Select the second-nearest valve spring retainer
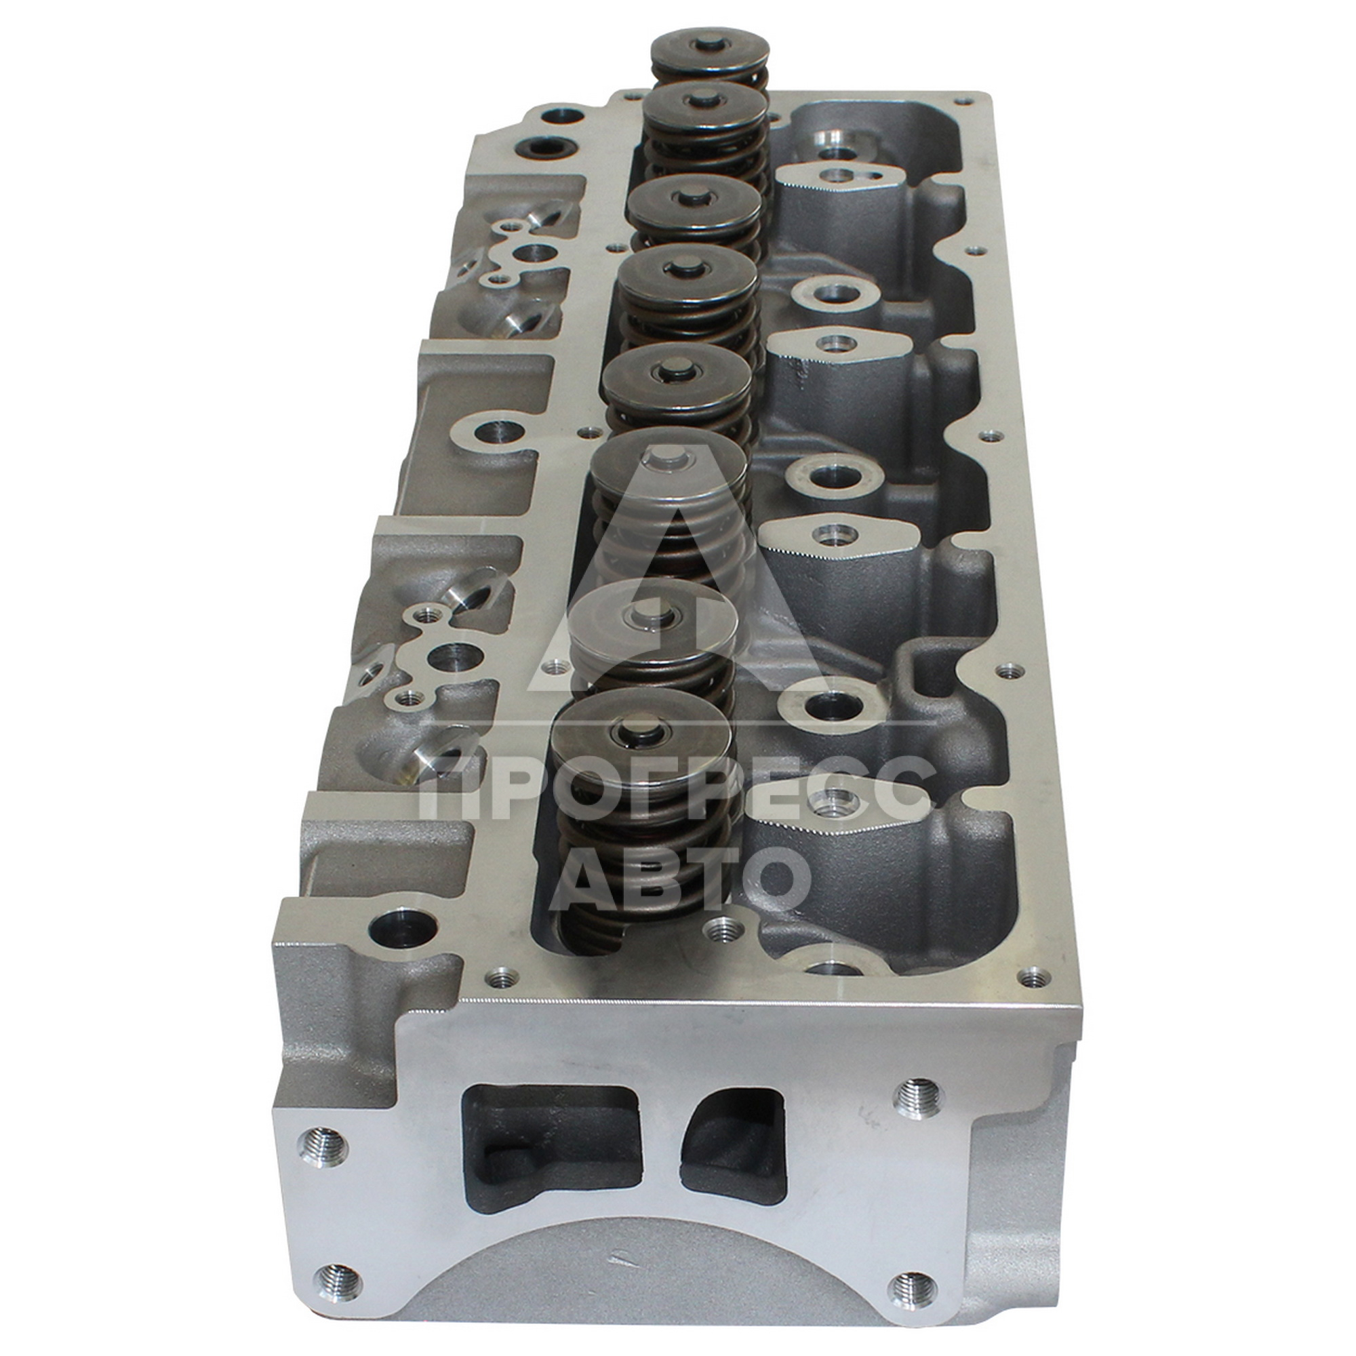[x=650, y=622]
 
